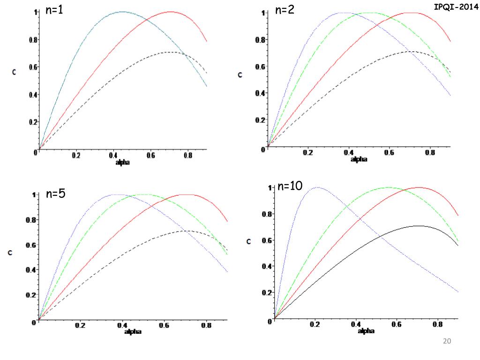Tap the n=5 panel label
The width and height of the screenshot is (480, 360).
[x=57, y=195]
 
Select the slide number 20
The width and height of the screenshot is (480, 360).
[x=447, y=341]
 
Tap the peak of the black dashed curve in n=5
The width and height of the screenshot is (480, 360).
[x=186, y=231]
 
